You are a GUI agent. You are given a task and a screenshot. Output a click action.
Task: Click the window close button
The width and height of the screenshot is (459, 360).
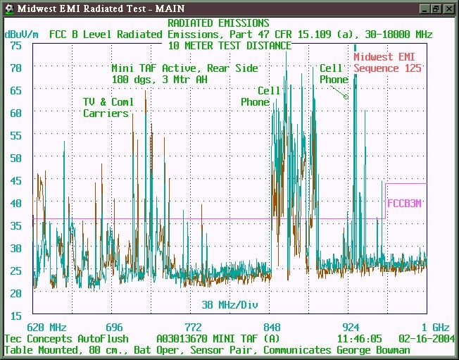coord(448,8)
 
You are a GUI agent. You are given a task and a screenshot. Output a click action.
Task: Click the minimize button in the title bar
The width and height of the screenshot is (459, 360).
coord(425,8)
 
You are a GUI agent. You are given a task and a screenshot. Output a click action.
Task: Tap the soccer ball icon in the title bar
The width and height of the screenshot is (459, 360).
coord(9,8)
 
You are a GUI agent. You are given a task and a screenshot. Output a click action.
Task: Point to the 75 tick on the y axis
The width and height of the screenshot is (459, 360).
coord(15,45)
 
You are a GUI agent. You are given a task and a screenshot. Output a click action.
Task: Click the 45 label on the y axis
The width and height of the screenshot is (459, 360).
coord(15,181)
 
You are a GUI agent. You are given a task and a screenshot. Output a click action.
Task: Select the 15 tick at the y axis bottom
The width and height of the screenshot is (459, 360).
coord(15,316)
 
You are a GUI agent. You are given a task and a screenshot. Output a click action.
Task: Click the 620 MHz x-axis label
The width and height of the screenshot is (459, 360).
coord(47,327)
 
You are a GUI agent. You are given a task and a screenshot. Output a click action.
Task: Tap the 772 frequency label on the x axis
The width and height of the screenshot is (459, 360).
coord(193,327)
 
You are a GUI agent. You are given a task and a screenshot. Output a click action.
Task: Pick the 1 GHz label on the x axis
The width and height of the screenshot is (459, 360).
coord(435,327)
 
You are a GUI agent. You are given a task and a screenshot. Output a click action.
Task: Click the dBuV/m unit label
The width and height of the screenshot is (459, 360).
coord(21,35)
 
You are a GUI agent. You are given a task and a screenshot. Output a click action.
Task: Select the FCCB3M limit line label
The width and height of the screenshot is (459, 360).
coord(404,204)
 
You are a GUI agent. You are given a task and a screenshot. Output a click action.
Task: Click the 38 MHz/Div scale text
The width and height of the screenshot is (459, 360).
coord(229,305)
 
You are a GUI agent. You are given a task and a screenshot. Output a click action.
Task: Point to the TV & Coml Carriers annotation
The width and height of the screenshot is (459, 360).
coord(108,108)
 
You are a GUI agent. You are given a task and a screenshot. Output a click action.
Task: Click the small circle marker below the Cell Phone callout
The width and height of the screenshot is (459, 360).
coord(346,97)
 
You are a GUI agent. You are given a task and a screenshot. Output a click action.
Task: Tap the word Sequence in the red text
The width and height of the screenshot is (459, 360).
coord(376,68)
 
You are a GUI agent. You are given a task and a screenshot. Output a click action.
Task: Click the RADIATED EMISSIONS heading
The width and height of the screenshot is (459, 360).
coord(218,23)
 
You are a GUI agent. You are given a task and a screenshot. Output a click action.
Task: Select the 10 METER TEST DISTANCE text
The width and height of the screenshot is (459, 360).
coord(229,46)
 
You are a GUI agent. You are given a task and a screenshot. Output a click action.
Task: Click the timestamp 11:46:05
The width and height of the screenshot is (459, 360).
coord(360,339)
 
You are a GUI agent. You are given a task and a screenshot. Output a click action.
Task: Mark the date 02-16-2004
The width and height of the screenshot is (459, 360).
coord(427,339)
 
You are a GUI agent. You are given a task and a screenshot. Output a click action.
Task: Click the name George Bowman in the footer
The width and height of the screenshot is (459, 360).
coord(373,350)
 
